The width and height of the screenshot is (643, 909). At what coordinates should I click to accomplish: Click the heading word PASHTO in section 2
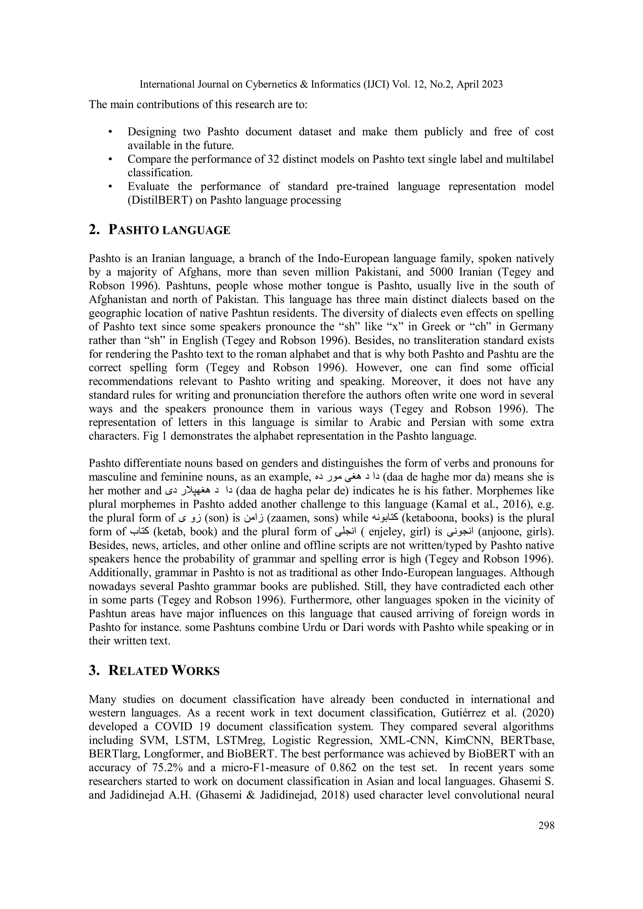click(134, 230)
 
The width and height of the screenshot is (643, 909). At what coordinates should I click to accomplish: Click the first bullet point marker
click(111, 132)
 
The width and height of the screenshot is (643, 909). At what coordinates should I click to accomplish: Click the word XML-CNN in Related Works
click(403, 740)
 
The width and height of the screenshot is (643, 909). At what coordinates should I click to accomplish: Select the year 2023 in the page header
click(490, 84)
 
